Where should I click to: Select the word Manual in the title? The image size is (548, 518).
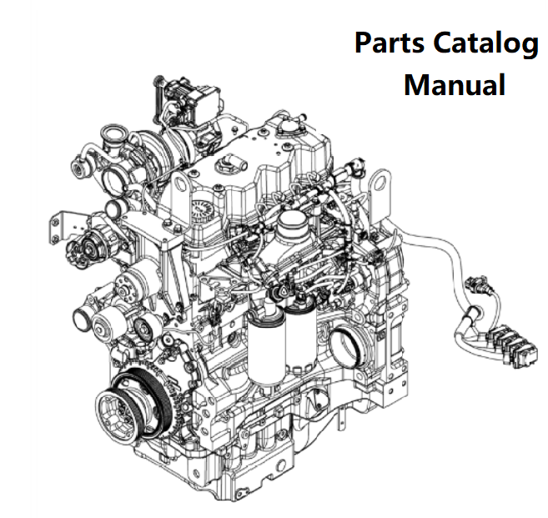(455, 84)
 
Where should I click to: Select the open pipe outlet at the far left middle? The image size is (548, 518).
(84, 319)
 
